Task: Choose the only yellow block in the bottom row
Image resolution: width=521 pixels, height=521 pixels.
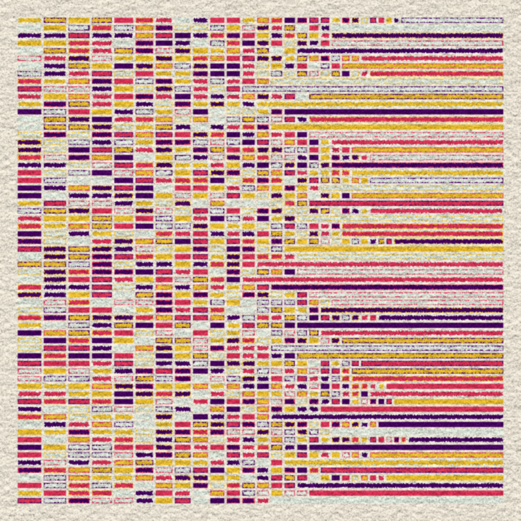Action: [164, 501]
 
